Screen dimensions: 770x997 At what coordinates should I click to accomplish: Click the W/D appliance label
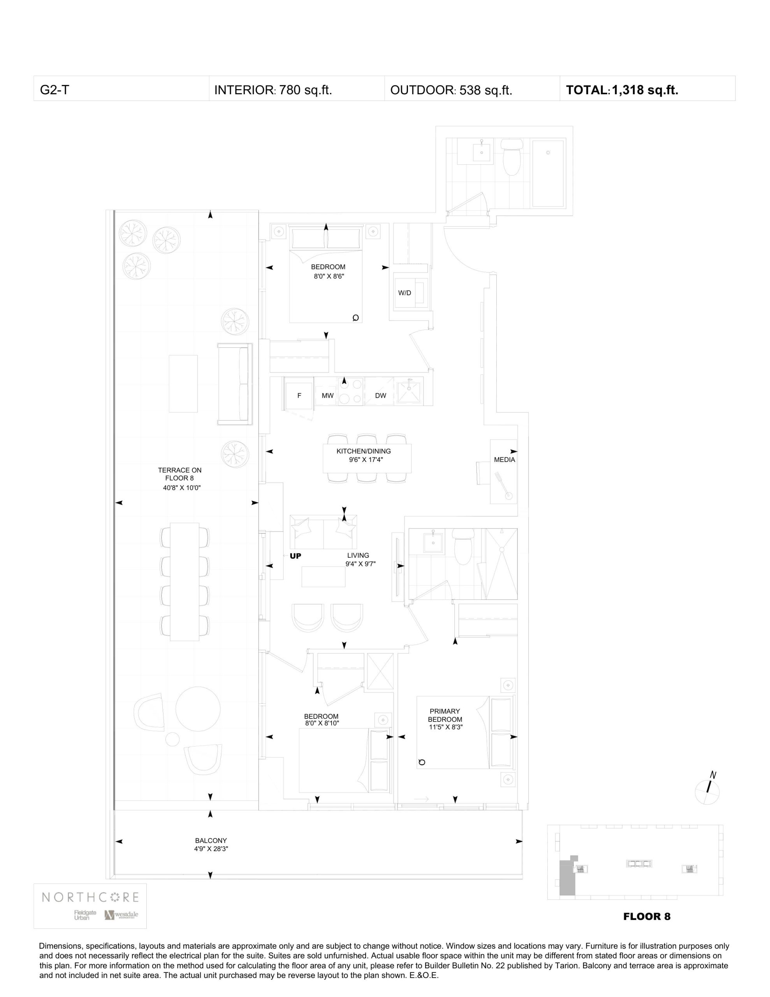tap(404, 293)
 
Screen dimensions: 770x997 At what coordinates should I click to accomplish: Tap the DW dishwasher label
tap(380, 396)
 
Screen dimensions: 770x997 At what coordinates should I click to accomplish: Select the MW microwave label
tap(327, 396)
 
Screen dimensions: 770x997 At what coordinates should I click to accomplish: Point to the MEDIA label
tap(505, 460)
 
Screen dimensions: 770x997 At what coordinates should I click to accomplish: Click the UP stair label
tap(295, 556)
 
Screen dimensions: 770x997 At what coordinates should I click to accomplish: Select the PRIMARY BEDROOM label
tap(445, 715)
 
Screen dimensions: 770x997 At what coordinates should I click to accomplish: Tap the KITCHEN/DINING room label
tap(363, 451)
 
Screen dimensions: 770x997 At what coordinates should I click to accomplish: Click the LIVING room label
tap(358, 556)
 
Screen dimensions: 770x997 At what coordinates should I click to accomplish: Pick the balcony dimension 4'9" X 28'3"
tap(211, 849)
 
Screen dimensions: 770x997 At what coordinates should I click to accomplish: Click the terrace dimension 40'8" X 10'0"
tap(182, 488)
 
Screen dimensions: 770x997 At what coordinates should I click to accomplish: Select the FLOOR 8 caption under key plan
tap(646, 916)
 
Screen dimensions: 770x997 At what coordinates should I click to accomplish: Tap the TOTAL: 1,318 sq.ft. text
tap(622, 90)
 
